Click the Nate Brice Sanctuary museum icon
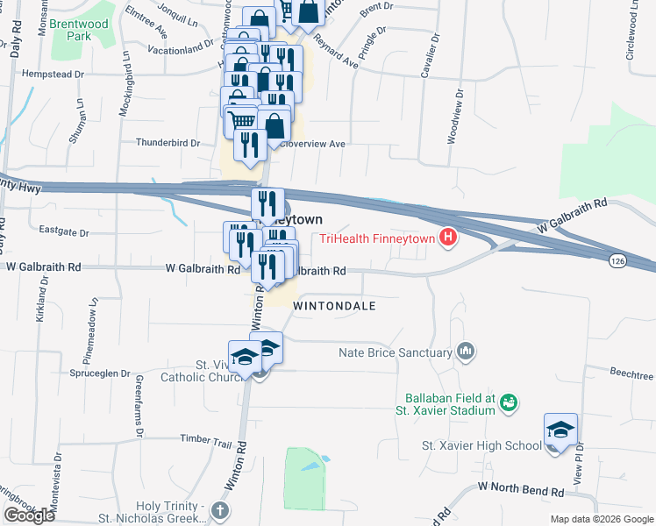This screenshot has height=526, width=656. click(x=465, y=352)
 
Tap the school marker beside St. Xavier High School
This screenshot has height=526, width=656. click(x=560, y=430)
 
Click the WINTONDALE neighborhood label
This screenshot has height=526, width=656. click(x=334, y=306)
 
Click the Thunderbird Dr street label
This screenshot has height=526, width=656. click(x=168, y=142)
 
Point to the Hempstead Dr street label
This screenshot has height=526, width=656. click(x=55, y=75)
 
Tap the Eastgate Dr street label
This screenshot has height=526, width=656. click(x=65, y=232)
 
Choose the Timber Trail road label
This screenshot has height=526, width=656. click(x=203, y=438)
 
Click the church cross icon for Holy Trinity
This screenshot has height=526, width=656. click(x=220, y=508)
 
